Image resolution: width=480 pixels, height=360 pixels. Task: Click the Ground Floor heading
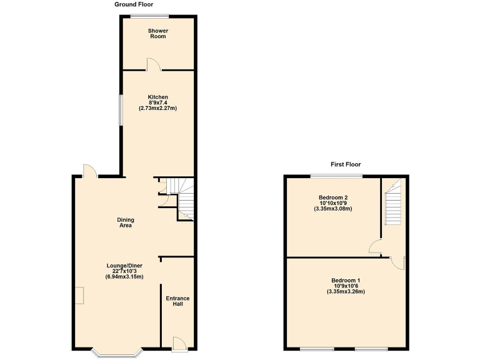point(133,4)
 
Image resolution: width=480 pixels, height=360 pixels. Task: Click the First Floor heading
point(346,164)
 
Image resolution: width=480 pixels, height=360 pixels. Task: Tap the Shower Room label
point(158,33)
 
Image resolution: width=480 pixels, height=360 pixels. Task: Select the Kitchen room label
point(157,97)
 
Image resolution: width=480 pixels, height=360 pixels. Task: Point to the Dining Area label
point(126,222)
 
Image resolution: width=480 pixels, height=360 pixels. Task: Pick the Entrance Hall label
point(177,302)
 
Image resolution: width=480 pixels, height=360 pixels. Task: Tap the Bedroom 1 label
point(346,280)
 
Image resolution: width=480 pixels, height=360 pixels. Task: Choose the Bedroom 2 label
point(333,197)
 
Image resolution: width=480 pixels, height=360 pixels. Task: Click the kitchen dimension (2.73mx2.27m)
point(157,108)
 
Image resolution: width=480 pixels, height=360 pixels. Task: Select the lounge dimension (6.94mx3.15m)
point(125,276)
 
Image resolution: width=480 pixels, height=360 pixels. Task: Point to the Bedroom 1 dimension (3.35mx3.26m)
point(346,291)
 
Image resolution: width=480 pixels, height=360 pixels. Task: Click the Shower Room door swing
point(151,64)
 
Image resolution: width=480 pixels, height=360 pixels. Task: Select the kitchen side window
point(121,110)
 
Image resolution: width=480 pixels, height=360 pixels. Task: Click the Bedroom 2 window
point(336,177)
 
